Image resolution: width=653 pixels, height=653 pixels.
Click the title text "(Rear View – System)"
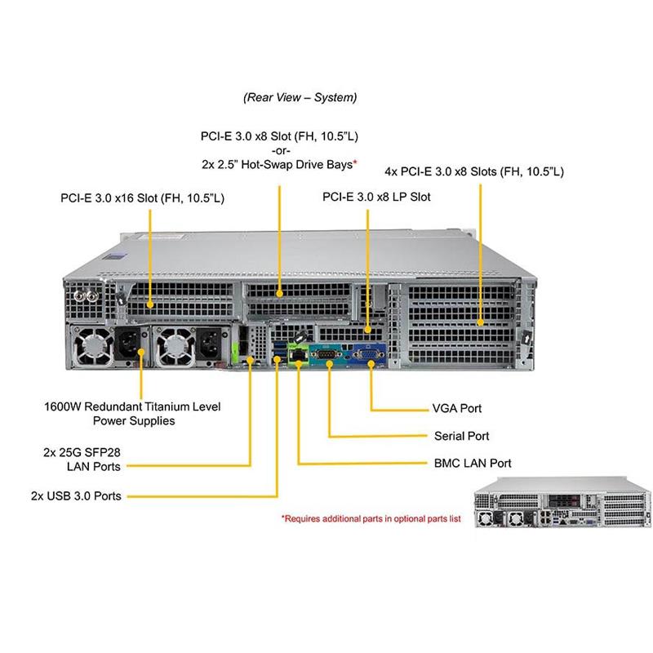click(x=300, y=97)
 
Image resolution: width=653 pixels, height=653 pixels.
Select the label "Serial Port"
click(x=462, y=436)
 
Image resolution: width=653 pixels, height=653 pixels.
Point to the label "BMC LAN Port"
click(x=473, y=463)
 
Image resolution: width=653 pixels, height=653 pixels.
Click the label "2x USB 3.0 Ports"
click(x=76, y=495)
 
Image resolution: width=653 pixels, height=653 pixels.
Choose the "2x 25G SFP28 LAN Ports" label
click(x=93, y=459)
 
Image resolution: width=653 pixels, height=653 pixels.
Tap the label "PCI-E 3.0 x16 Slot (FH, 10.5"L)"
click(x=143, y=198)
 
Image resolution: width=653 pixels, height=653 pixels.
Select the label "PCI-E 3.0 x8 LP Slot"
click(x=376, y=197)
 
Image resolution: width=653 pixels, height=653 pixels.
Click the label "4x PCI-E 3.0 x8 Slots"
click(x=474, y=171)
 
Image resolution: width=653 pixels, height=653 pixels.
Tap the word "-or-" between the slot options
click(x=280, y=149)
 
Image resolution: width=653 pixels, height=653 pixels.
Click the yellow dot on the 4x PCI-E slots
click(x=481, y=324)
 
